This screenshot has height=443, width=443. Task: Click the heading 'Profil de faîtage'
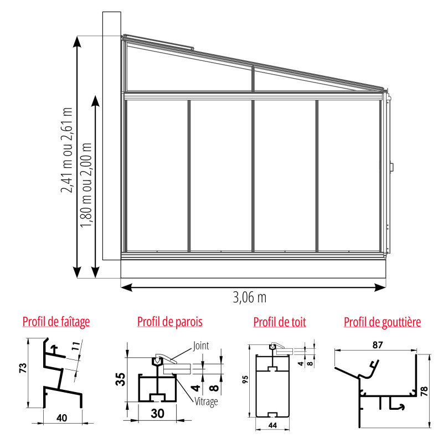coord(56,322)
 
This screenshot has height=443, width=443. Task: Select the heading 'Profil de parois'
coord(170,322)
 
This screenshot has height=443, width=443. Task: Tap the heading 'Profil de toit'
coord(280,322)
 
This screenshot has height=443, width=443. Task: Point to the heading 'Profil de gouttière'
coord(382,322)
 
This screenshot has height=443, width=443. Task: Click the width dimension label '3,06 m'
coord(250,297)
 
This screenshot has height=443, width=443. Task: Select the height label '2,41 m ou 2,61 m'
coord(67,150)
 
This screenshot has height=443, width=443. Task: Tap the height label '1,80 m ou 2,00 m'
coord(86,185)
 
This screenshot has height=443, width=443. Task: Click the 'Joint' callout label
coord(201,346)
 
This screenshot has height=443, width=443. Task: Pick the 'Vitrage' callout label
coord(206,401)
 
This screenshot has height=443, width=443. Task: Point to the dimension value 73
coord(23,368)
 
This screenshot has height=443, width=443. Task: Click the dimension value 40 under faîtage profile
coord(61,418)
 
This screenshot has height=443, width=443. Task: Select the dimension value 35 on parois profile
coord(120,379)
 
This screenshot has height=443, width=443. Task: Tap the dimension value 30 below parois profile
coord(157,414)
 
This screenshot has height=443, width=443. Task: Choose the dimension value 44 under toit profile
coord(272,425)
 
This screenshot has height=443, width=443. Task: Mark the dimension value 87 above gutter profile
coord(378,345)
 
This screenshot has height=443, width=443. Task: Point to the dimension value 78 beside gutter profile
coord(424,392)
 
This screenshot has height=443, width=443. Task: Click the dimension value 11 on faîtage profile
coord(75,346)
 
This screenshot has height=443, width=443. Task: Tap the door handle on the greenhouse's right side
coord(392,167)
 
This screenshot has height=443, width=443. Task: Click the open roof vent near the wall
coord(158,42)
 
